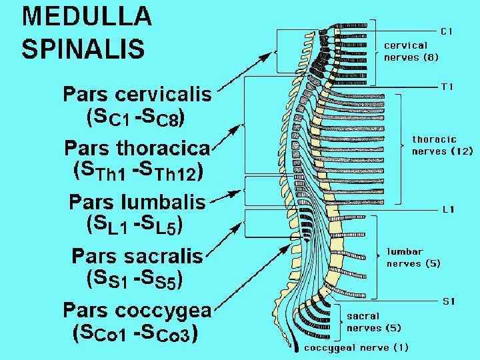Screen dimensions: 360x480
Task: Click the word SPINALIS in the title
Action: (x=83, y=47)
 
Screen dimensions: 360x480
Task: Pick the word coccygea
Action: (x=169, y=310)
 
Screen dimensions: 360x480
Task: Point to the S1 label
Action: (x=449, y=301)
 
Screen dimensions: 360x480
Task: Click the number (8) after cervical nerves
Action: (x=429, y=57)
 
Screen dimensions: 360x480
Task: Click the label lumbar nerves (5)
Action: (x=413, y=259)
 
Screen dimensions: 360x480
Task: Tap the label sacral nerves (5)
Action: (x=373, y=321)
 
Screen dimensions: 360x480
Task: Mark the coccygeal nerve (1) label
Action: (x=357, y=347)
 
